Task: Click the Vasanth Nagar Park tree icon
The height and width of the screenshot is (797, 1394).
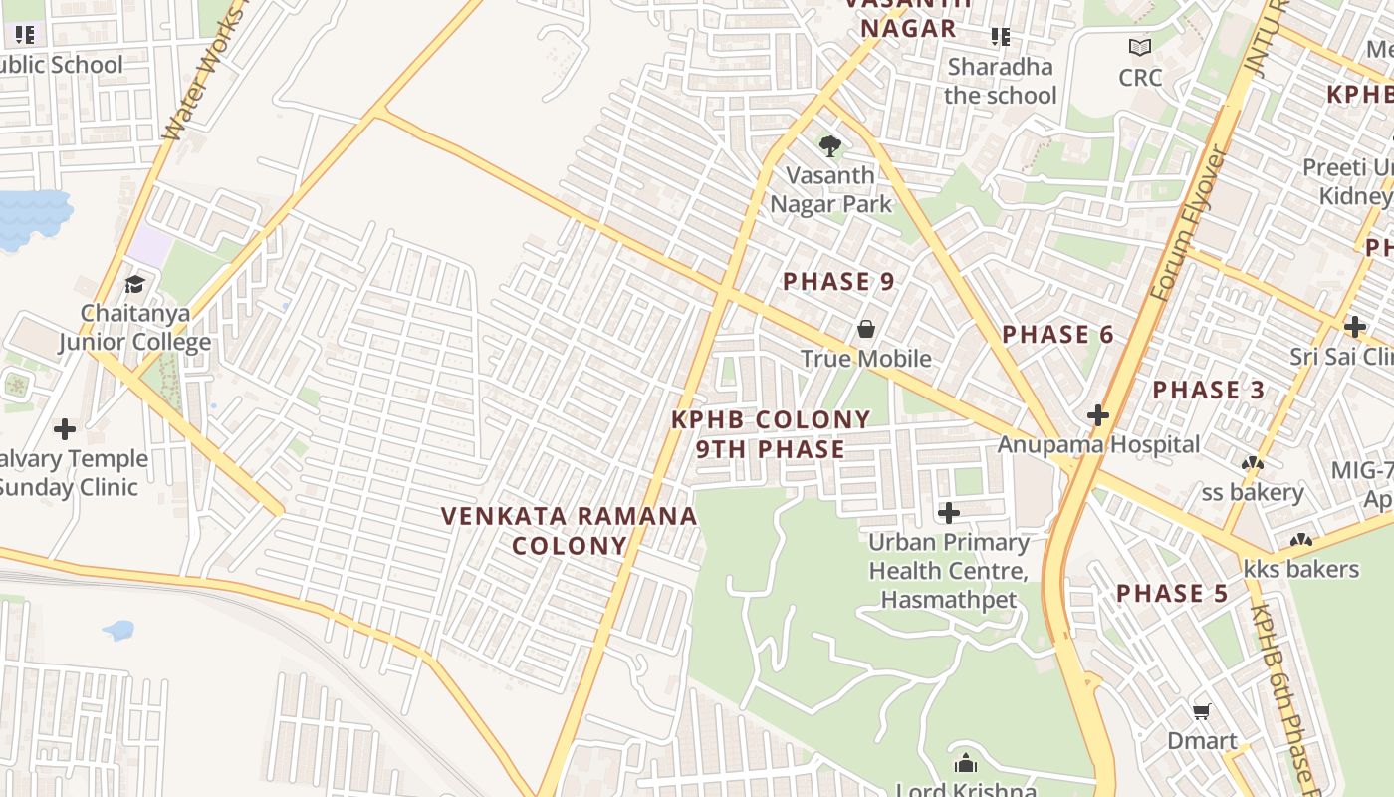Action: pos(829,146)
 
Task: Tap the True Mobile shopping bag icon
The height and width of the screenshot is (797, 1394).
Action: pos(866,329)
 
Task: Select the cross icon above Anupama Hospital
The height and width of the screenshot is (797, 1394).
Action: pos(1098,415)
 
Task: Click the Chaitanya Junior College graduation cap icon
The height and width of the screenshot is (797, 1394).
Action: pos(134,284)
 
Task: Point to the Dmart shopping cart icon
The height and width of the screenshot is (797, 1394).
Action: pos(1202,711)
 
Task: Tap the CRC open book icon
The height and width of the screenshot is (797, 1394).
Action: pos(1140,47)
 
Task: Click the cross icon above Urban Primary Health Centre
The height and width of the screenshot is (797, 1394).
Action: pos(949,513)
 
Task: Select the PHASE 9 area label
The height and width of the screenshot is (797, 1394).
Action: pos(838,282)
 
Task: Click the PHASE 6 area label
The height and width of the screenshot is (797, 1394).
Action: pos(1057,335)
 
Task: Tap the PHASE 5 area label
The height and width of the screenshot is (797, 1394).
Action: pos(1172,594)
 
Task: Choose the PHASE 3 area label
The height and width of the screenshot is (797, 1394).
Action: pos(1209,390)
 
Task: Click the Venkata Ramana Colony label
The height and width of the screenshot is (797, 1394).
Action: pos(570,530)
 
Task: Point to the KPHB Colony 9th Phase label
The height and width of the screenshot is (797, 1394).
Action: pos(771,434)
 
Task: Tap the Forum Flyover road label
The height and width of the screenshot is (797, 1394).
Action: pos(1189,224)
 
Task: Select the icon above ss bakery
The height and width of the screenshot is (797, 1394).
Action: pos(1252,463)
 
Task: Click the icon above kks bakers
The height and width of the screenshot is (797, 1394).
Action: pos(1300,541)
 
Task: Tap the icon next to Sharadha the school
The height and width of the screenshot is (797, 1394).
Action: pos(1001,37)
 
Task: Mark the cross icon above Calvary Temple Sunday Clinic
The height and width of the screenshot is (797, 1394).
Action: pos(65,429)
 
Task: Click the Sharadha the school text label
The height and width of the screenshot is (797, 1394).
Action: pos(1000,81)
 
